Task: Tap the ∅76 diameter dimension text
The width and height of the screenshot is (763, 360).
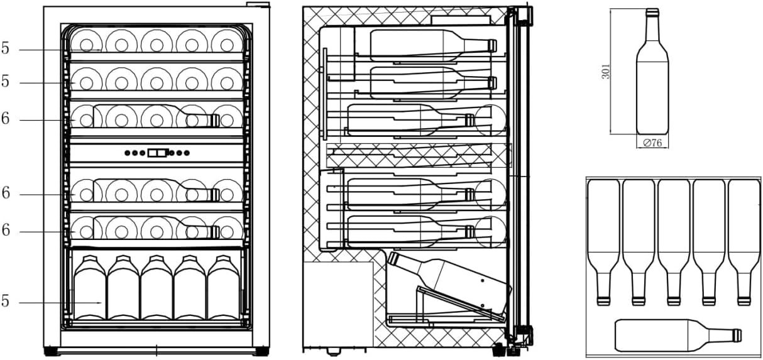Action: (x=652, y=143)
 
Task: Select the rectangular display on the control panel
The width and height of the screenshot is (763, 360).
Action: (x=158, y=152)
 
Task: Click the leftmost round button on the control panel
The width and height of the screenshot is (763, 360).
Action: (x=128, y=152)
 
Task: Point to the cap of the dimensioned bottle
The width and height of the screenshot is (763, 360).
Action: (x=652, y=12)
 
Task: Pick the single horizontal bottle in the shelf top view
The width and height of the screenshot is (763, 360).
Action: (x=678, y=335)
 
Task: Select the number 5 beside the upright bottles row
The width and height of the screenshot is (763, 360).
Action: (x=6, y=302)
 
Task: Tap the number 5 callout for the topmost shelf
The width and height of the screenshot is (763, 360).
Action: (x=6, y=48)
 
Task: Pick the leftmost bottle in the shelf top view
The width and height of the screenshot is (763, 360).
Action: (x=603, y=239)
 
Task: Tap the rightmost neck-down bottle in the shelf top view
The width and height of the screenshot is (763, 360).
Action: (x=744, y=239)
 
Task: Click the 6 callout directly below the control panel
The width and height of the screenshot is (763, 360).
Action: (x=6, y=194)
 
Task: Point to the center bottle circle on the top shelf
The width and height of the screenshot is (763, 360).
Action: (x=156, y=43)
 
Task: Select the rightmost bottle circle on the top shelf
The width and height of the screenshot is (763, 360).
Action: (x=226, y=43)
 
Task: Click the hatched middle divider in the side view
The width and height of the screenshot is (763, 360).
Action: (x=418, y=155)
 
